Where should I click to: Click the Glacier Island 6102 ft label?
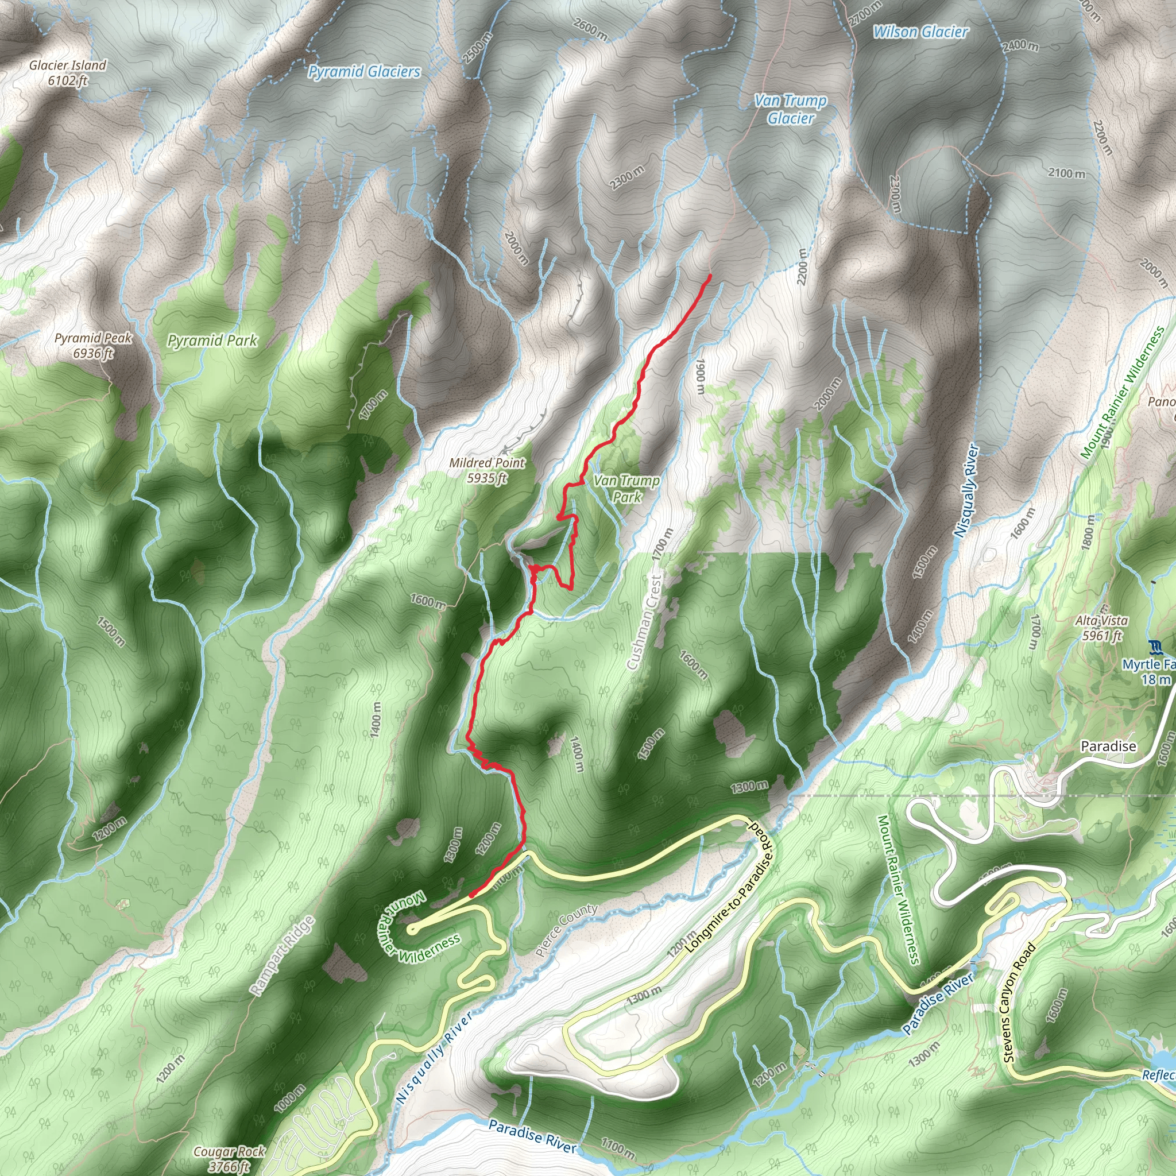coord(68,72)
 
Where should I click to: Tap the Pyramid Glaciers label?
coord(364,72)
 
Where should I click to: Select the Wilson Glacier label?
coord(920,32)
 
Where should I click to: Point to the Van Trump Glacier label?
coord(790,110)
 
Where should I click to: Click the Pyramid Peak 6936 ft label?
coord(93,345)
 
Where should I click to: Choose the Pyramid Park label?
coord(212,341)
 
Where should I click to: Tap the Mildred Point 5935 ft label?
coord(487,470)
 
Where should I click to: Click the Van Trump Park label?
coord(626,489)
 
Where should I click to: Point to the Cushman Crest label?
coord(645,621)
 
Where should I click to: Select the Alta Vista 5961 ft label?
coord(1101,628)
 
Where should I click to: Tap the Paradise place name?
coord(1108,746)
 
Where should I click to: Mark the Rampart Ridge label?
coord(283,955)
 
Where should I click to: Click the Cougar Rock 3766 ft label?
coord(229,1158)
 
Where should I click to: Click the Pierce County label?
coord(567,930)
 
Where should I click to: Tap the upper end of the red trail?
coord(710,277)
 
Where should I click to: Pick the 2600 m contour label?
coord(590,29)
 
